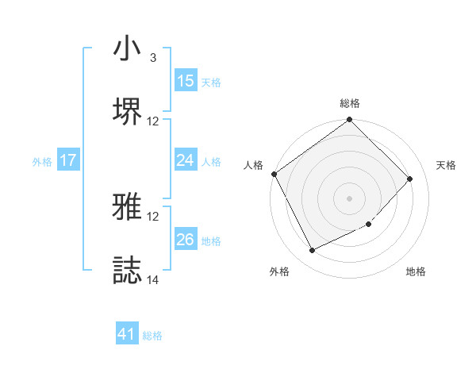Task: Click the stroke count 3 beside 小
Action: coord(152,58)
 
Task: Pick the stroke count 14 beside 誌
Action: coord(153,279)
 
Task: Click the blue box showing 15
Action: coord(186,81)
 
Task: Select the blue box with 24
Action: coord(186,160)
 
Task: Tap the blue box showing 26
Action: coord(186,240)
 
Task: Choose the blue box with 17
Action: coord(68,160)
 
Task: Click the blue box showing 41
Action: coord(127,335)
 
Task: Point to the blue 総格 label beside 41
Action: coord(152,336)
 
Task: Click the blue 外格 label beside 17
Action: coord(42,161)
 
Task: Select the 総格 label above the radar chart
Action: coord(350,103)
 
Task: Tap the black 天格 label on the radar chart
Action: coord(447,165)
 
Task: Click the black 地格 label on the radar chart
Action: coord(416,272)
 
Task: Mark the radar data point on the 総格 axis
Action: coord(349,121)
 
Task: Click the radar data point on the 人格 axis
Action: coord(274,174)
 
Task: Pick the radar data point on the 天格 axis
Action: coord(410,179)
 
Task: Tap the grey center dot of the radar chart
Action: coord(349,198)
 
